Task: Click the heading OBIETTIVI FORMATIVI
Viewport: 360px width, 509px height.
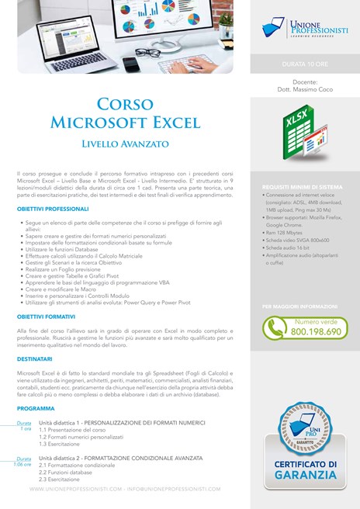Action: (x=47, y=317)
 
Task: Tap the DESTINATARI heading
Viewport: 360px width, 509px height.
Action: (x=36, y=360)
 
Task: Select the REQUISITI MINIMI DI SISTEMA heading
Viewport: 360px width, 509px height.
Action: (x=303, y=187)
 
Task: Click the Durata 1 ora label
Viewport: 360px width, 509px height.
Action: (x=25, y=426)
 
